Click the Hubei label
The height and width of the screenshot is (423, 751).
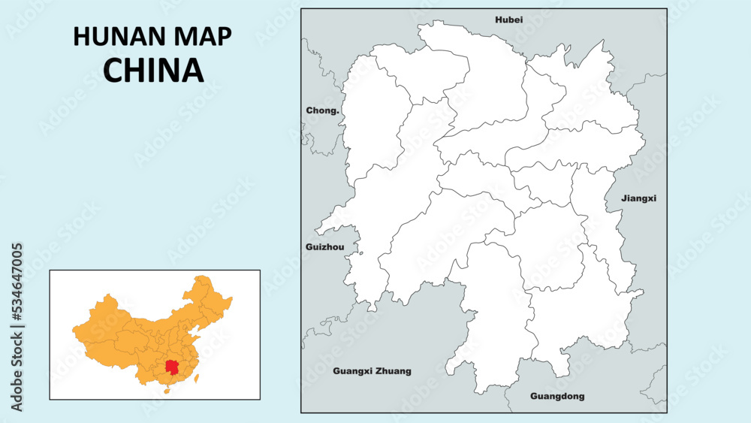click(x=508, y=20)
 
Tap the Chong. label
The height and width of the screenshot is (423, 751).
click(x=323, y=110)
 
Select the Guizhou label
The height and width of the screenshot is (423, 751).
click(x=325, y=246)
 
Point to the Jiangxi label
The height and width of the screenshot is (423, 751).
click(x=639, y=198)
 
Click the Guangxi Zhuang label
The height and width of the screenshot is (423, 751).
click(x=372, y=371)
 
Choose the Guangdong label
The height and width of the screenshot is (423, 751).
click(x=557, y=396)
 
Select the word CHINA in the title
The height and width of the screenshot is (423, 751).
click(x=153, y=70)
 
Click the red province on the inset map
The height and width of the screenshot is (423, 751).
click(x=174, y=367)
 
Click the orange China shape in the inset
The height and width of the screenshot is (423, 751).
click(x=128, y=331)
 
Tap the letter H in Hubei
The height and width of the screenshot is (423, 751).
click(x=498, y=20)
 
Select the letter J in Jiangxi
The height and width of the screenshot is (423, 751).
click(x=623, y=198)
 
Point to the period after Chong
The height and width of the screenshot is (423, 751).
click(x=339, y=112)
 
